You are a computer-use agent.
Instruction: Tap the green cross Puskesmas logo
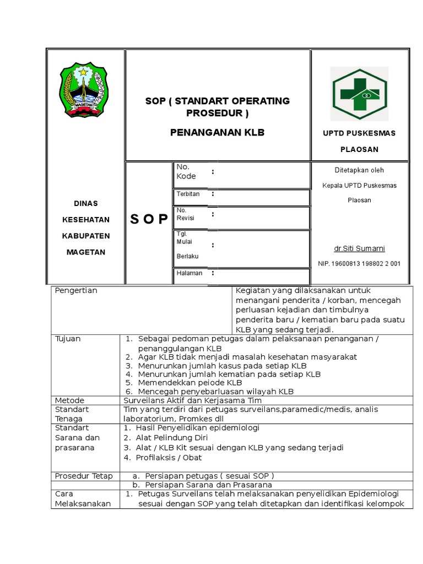tap(359, 94)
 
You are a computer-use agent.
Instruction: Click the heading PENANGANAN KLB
tap(217, 132)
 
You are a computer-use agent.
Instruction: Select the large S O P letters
tap(149, 220)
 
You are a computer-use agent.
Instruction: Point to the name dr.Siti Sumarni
tap(359, 248)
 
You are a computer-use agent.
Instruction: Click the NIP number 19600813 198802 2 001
tap(359, 264)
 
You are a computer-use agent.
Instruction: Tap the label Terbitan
tap(188, 194)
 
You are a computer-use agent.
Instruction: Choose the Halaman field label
tap(189, 273)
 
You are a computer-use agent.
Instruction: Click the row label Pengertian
tap(76, 290)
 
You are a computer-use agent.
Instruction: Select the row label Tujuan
tap(68, 338)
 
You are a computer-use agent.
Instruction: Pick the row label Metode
tap(69, 400)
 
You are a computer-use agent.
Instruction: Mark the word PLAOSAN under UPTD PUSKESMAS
tap(359, 149)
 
